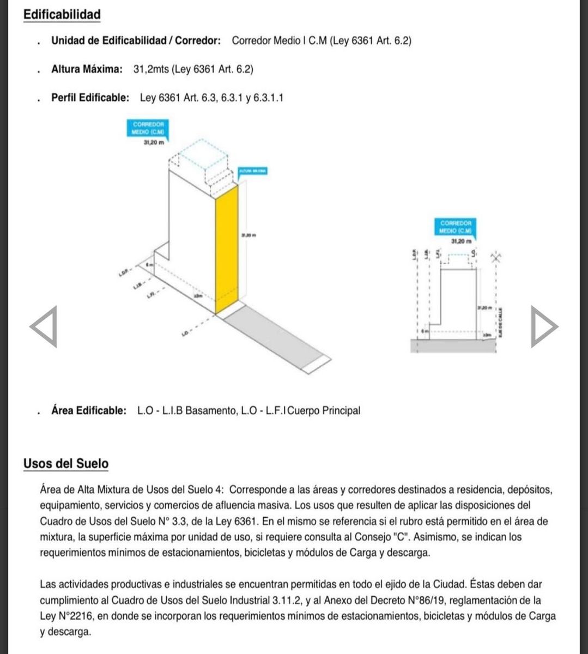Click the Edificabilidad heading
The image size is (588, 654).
coord(62,14)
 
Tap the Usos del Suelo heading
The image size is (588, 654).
coord(65,464)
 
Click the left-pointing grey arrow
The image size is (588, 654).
coord(44,326)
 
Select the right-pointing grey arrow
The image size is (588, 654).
coord(544,326)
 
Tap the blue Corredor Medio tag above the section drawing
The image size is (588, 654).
coord(456,226)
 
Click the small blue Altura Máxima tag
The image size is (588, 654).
coord(251,171)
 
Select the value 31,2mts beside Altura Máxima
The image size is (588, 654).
coord(151,69)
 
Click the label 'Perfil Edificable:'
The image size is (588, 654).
coord(90,98)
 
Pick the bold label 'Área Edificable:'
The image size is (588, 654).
coord(89,410)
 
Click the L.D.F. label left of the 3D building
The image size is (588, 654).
coord(124,271)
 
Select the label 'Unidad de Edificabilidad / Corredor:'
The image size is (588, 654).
coord(136,40)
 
